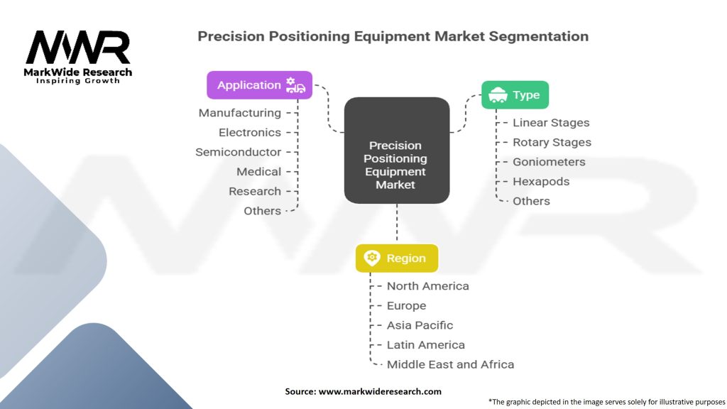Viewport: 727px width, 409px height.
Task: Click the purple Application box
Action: pos(259,85)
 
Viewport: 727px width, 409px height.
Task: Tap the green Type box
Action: pos(515,94)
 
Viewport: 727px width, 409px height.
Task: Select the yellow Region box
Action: pos(397,258)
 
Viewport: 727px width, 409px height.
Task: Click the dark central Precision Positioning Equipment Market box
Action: pos(397,151)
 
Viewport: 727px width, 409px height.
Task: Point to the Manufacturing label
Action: pos(240,113)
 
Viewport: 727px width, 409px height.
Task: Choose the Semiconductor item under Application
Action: pos(239,152)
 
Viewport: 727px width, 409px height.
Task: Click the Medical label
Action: pos(258,172)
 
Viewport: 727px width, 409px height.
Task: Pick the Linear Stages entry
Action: pos(551,122)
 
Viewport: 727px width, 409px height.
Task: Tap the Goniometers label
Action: pos(549,162)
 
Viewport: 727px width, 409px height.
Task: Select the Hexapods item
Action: pos(541,181)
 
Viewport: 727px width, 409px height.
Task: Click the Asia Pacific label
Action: pos(420,325)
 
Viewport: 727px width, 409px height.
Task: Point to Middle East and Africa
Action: pos(450,364)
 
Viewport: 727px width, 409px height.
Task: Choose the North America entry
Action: pos(428,286)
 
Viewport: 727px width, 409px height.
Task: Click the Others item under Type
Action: pos(531,201)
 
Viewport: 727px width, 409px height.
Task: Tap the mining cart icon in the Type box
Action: pos(498,94)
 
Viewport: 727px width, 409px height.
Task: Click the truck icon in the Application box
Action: pos(295,85)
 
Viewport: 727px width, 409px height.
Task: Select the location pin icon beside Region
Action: pos(372,258)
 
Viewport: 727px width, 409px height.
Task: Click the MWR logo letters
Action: pos(78,48)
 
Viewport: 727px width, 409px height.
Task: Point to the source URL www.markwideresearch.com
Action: pos(380,391)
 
